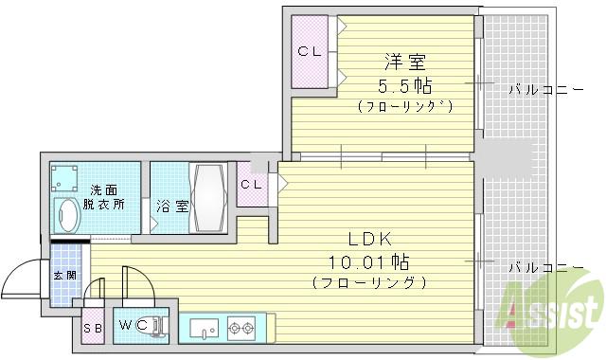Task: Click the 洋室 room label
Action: [403, 63]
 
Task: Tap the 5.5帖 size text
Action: [403, 85]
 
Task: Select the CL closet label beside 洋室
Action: [310, 51]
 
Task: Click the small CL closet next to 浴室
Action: [251, 185]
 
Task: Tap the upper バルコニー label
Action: [544, 90]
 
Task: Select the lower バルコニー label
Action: [544, 267]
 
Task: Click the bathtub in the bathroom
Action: [206, 196]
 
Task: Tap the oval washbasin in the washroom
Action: [70, 214]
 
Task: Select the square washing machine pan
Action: [67, 178]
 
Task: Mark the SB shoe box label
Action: [93, 327]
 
